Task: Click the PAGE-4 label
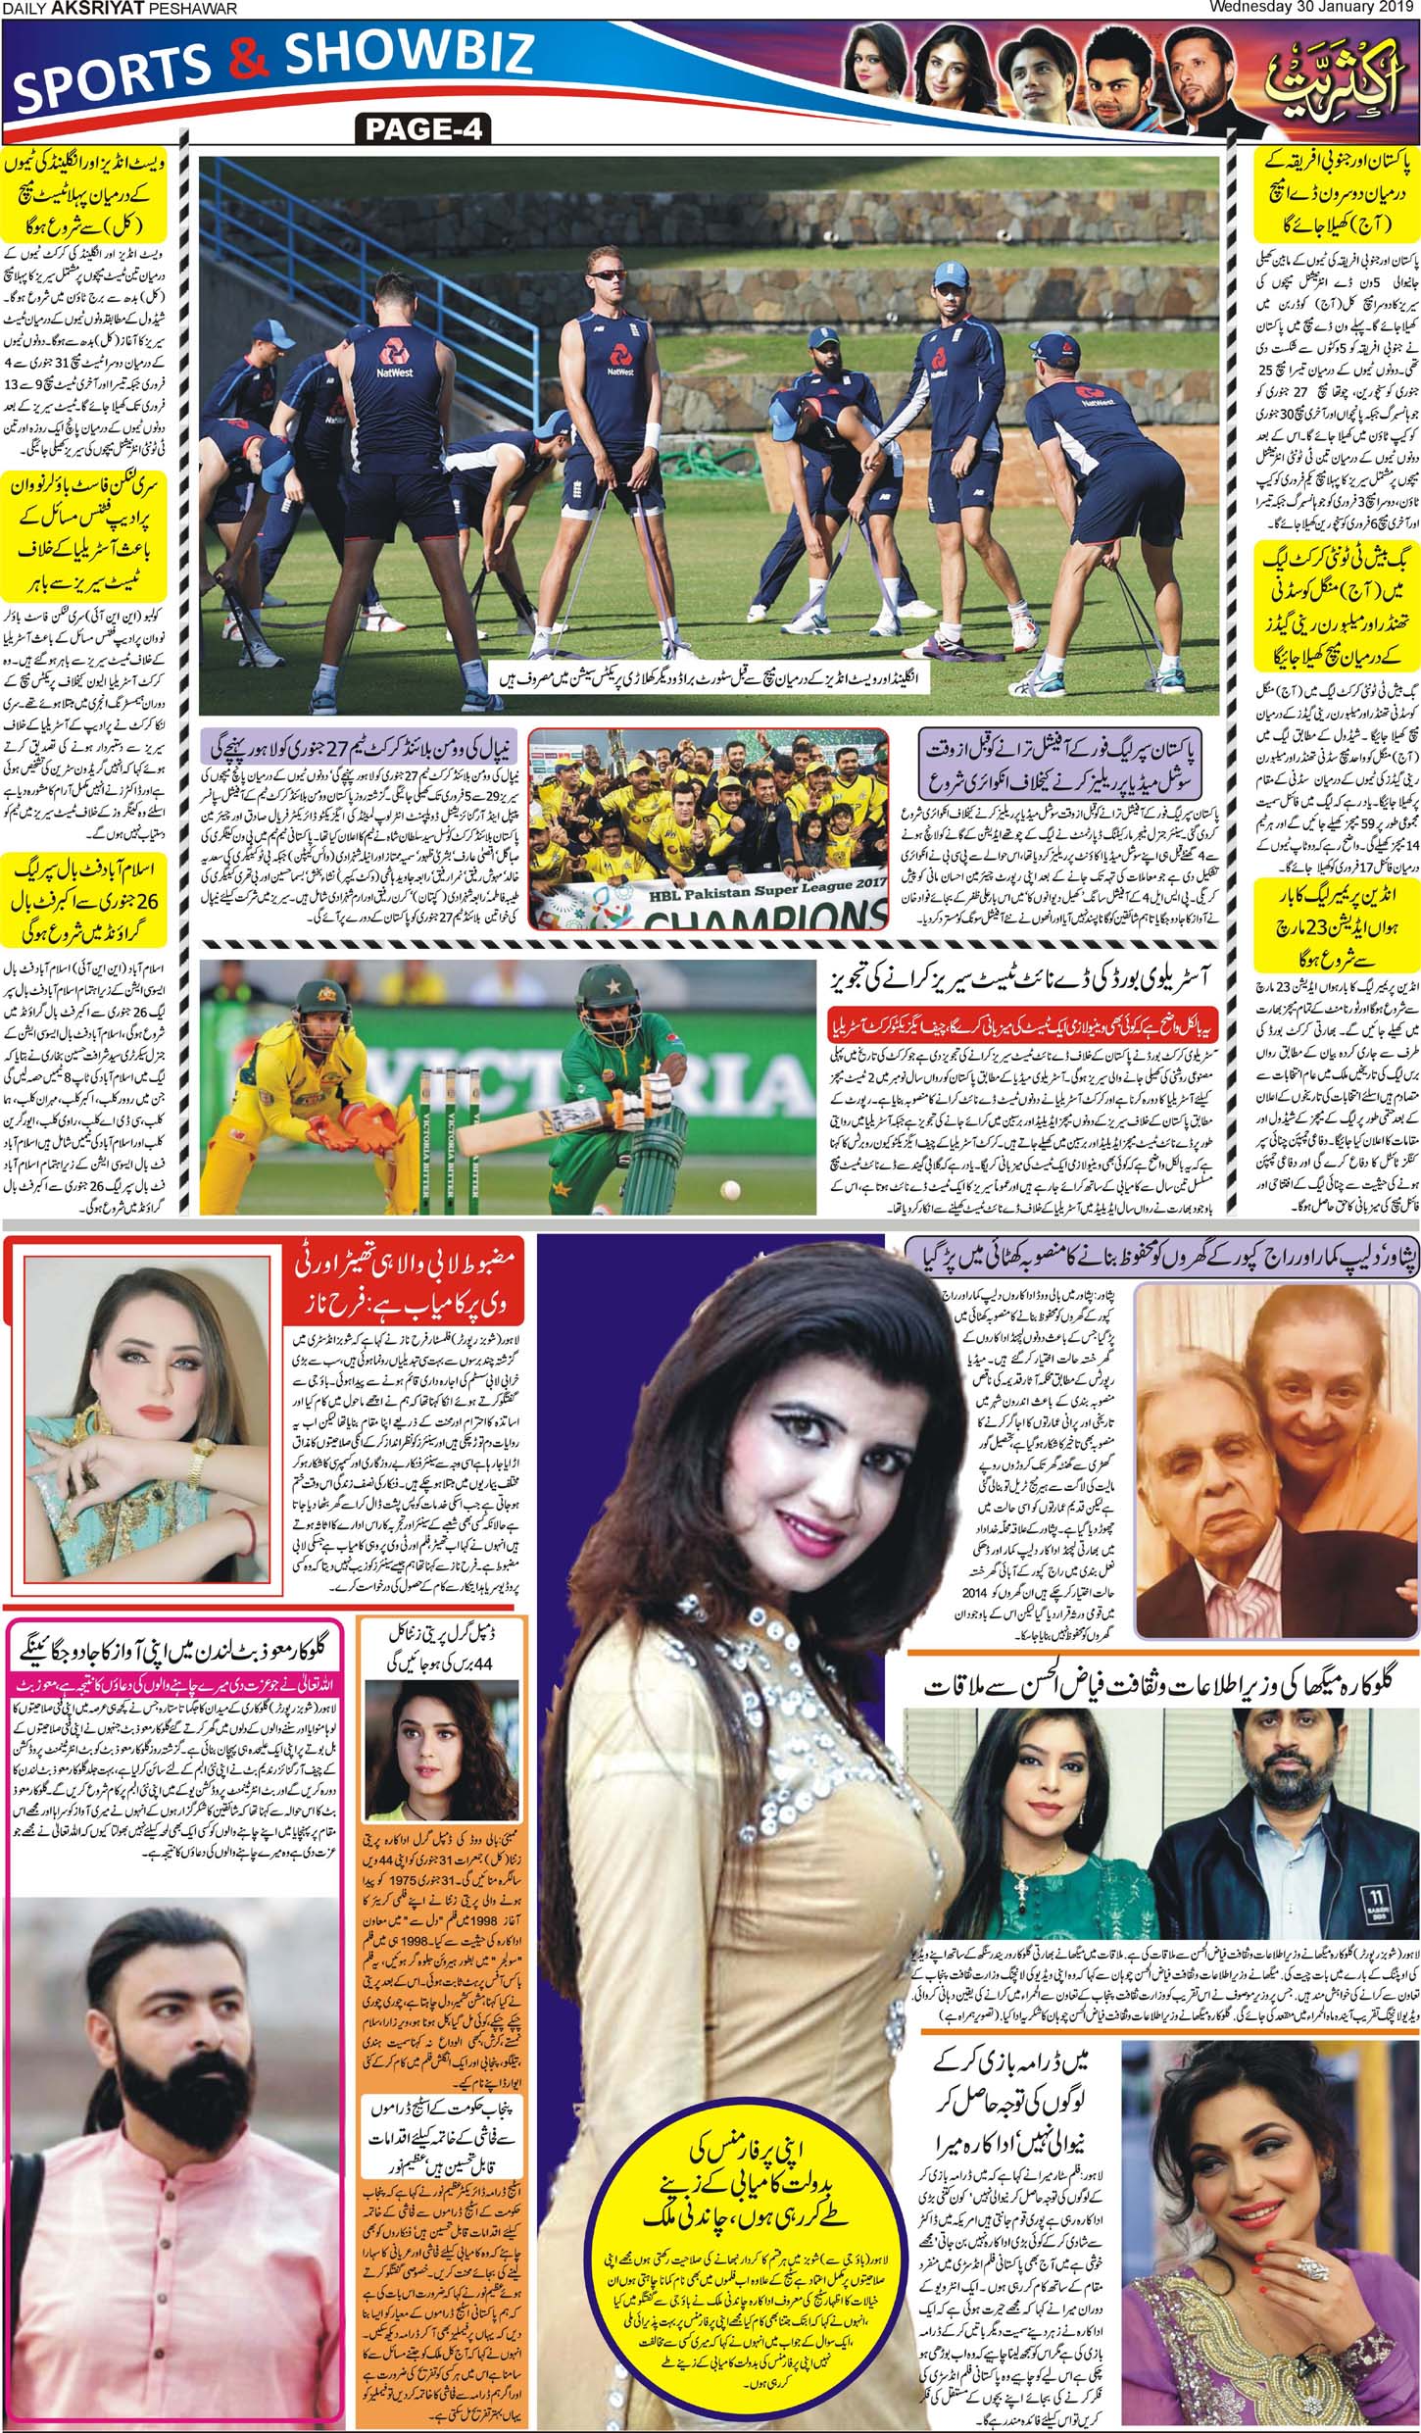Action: point(423,129)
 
